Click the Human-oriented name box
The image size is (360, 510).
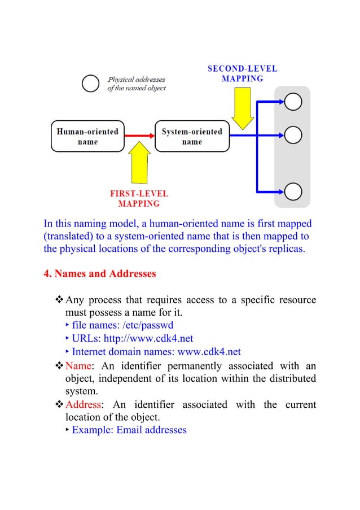[87, 136]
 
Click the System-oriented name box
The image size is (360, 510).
[192, 136]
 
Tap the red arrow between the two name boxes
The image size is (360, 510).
[139, 136]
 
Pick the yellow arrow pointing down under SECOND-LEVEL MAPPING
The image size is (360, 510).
[243, 110]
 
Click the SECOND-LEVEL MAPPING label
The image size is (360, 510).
[243, 73]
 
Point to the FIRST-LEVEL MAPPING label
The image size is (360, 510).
[139, 198]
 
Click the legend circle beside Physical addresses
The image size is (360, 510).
[91, 84]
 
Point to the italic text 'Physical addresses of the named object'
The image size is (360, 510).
[137, 84]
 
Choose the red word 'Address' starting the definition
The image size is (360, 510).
[84, 404]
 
